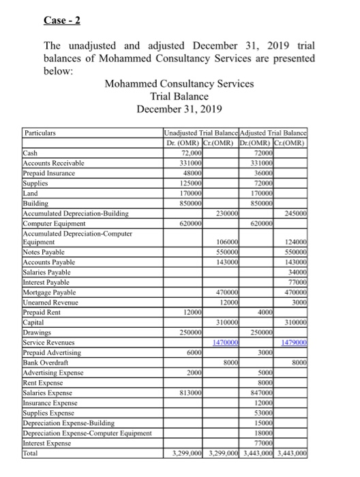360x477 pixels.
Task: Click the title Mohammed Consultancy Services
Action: pos(179,84)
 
